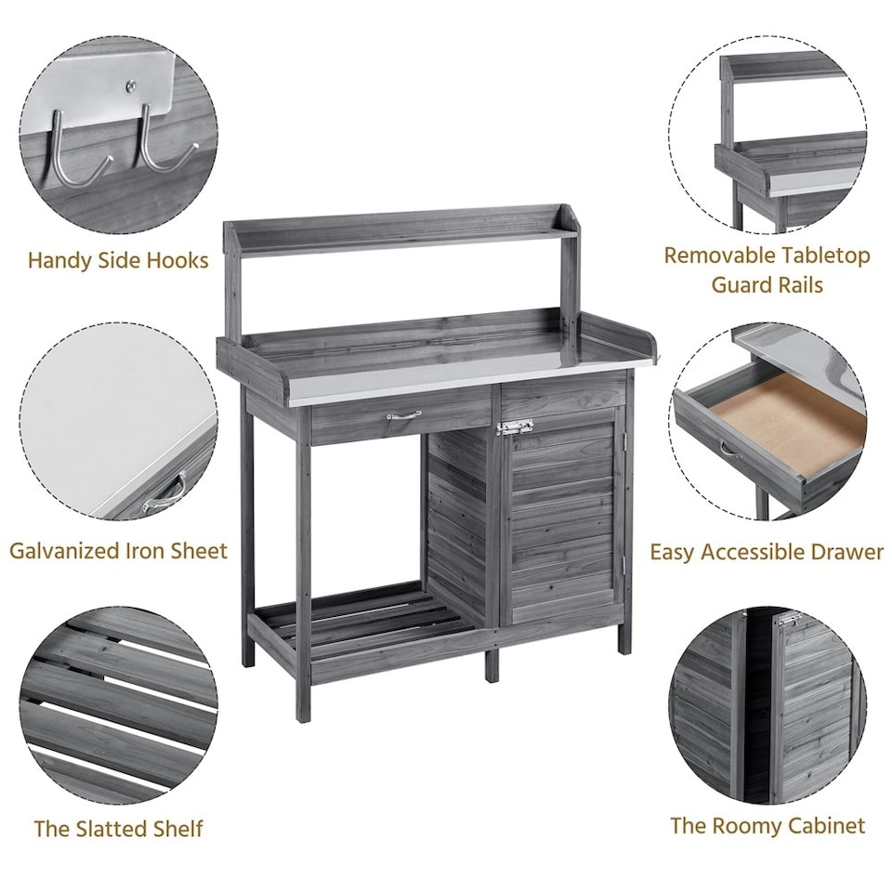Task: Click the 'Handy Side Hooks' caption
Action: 118,260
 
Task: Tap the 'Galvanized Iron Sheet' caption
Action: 118,550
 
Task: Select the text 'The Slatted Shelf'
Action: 118,828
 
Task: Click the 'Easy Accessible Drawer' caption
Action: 767,552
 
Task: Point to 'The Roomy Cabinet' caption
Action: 767,825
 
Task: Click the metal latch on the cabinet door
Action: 514,427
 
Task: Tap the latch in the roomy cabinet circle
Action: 789,620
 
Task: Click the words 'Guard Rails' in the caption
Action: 767,284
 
